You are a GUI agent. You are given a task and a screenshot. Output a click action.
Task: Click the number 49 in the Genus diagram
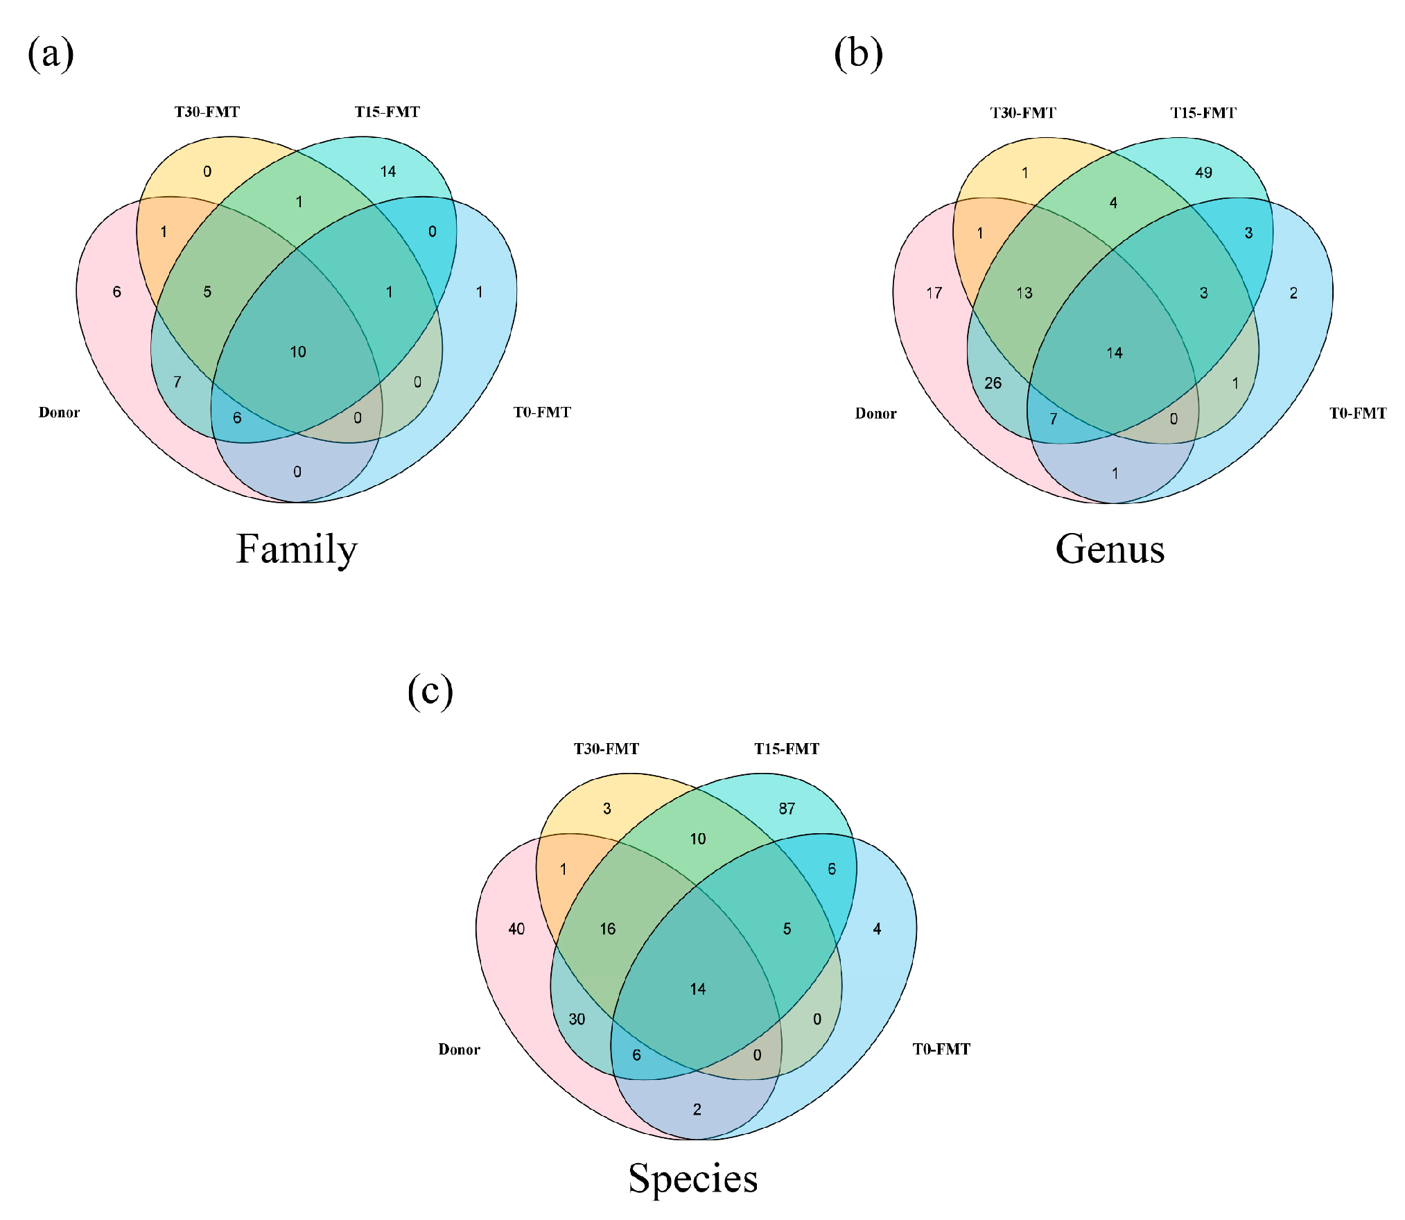(x=1203, y=173)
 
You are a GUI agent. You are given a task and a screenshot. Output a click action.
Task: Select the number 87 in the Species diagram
(x=787, y=808)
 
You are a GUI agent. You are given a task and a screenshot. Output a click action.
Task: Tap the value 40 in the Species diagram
(x=516, y=929)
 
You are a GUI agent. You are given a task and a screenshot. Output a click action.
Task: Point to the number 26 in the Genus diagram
(x=993, y=383)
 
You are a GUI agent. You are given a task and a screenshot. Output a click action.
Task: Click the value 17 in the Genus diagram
(x=934, y=293)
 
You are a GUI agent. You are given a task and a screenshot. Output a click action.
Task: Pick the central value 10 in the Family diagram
(x=298, y=352)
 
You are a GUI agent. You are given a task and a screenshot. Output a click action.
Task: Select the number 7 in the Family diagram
(x=177, y=382)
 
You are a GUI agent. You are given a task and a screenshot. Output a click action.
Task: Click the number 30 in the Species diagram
(x=577, y=1019)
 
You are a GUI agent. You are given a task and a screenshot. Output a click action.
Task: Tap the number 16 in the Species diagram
(x=607, y=929)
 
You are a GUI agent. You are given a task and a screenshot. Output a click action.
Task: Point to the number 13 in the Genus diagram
(x=1024, y=293)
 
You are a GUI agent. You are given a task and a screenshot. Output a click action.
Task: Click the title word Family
(x=297, y=550)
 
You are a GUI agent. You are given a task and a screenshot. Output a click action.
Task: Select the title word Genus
(x=1110, y=550)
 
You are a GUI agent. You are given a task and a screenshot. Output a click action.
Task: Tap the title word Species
(x=693, y=1178)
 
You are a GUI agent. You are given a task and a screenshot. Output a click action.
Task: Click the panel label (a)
(x=51, y=54)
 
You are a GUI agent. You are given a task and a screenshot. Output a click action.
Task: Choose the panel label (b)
(x=858, y=54)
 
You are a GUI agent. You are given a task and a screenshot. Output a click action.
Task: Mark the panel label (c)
(x=430, y=691)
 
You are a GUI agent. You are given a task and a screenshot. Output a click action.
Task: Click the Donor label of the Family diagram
(x=59, y=412)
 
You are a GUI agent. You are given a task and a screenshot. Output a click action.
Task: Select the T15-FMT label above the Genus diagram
(x=1203, y=113)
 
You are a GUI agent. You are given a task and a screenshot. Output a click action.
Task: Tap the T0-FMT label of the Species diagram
(x=941, y=1049)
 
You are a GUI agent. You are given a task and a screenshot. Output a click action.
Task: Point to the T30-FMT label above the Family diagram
(x=207, y=112)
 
